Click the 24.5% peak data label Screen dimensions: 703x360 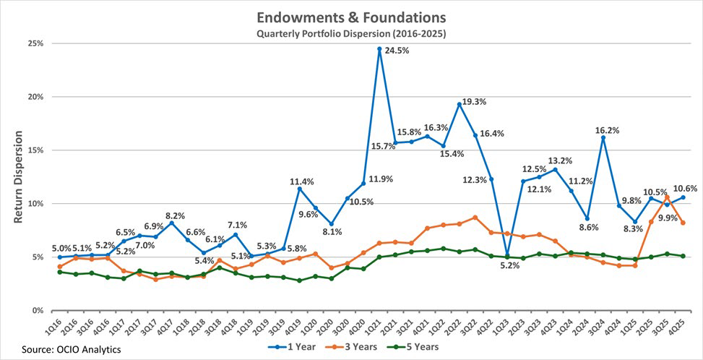[397, 50]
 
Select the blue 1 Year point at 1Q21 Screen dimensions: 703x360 [379, 49]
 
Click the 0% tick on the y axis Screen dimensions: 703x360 [38, 310]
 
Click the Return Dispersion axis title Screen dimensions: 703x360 [18, 176]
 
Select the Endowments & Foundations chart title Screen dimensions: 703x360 [351, 18]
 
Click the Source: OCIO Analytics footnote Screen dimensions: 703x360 [71, 349]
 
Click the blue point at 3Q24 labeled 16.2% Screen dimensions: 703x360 [603, 137]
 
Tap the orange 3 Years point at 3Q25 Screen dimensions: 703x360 [667, 197]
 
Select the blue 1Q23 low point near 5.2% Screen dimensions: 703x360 [507, 254]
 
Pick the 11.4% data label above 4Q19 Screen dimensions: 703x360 [301, 181]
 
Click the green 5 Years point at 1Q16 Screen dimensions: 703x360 [59, 272]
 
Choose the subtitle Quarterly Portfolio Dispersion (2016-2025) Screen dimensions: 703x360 [351, 34]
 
